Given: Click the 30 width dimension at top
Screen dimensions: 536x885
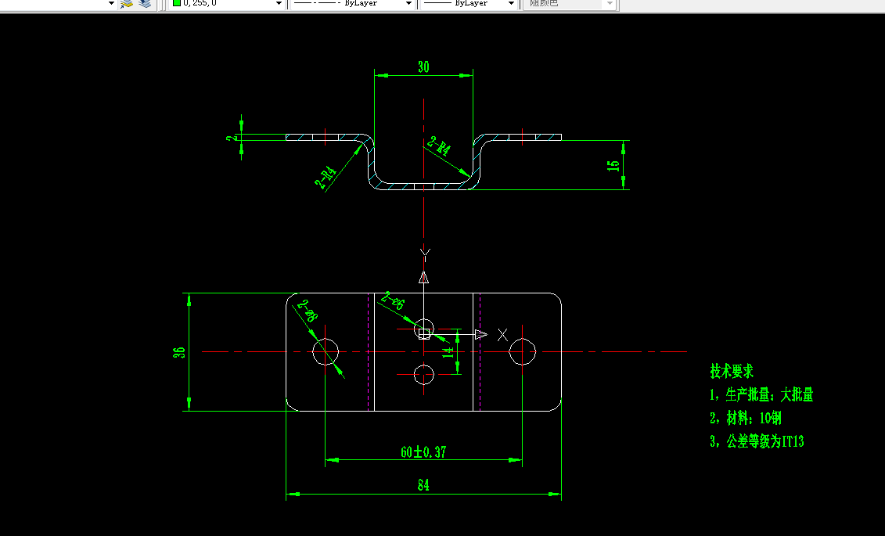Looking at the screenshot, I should tap(423, 67).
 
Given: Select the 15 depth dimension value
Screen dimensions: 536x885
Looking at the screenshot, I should tap(614, 165).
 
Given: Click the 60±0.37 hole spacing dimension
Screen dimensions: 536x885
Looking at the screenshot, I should tap(423, 452).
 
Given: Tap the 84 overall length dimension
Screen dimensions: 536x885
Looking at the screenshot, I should tap(423, 486).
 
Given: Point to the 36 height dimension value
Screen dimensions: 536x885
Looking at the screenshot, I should tap(179, 352).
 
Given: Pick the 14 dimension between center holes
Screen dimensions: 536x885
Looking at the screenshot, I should tap(448, 352).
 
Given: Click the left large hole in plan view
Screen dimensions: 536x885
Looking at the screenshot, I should tap(326, 352).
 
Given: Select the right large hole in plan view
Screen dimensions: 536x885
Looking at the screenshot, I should tap(522, 352).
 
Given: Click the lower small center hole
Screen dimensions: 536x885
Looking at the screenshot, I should tap(423, 375).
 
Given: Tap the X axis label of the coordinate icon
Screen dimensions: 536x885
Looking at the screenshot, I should tap(502, 335).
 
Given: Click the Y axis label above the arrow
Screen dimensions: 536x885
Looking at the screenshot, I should tap(424, 252).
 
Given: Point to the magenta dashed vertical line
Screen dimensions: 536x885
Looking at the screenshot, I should tap(368, 352).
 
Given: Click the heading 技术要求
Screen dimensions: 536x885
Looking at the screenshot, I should tap(732, 371).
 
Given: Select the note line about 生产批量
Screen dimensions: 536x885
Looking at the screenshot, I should tap(761, 394).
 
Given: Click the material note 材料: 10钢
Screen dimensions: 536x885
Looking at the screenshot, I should tap(745, 418).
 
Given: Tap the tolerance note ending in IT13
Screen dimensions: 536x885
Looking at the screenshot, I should tap(757, 441).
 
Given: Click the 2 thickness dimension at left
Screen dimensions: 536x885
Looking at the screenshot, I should tap(231, 138).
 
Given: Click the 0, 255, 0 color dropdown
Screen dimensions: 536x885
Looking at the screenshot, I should tap(227, 4).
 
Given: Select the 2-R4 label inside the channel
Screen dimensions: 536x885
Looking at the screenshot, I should tap(439, 146).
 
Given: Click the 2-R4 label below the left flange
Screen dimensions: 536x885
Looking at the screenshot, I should tap(326, 178).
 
